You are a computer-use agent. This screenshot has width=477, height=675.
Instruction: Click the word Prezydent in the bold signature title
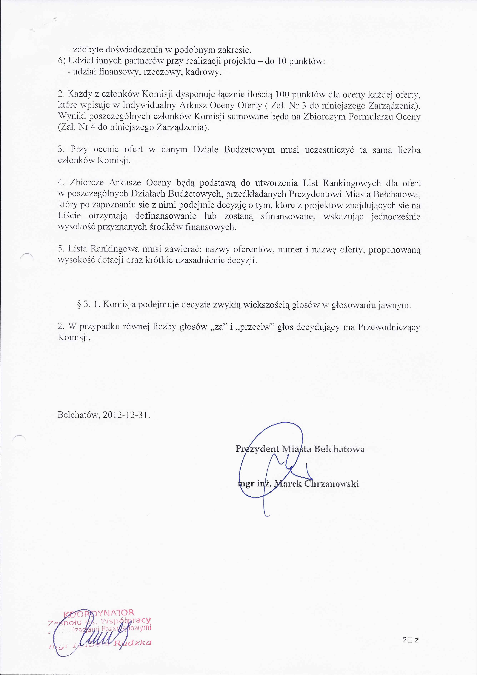(257, 449)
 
